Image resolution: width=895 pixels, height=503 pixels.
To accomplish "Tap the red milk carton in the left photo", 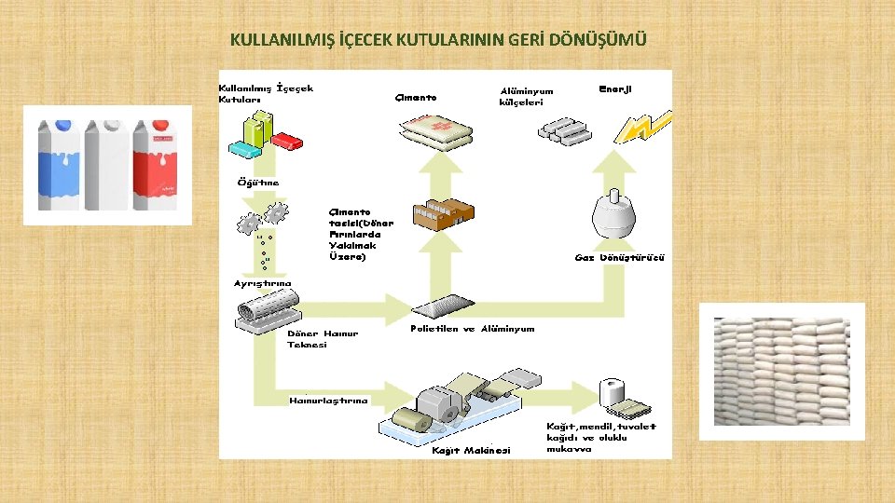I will point(154,166).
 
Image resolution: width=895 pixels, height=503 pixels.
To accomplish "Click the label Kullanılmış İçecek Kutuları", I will point(265,93).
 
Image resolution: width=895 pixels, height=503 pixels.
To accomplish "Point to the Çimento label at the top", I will point(415,97).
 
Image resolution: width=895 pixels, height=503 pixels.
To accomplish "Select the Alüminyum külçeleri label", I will point(526,97).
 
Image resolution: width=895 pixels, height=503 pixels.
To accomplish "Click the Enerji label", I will point(615,88).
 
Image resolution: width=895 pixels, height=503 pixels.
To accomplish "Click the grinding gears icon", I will point(263,219).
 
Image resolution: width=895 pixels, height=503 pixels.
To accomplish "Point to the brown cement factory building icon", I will point(444,214).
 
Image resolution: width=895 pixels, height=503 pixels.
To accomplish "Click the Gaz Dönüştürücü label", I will point(619,257).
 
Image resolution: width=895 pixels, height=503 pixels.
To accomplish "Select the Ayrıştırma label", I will point(262,283).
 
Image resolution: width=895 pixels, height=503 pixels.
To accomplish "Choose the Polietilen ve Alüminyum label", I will point(473,329).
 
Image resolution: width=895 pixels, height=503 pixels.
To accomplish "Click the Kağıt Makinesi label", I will point(472,451).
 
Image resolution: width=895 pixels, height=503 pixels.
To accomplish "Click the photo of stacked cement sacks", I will point(781,371).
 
